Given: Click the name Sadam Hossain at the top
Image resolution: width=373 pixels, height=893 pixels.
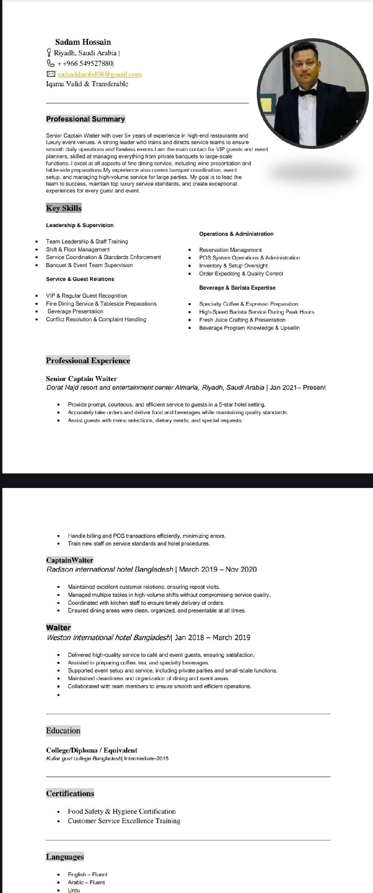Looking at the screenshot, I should pyautogui.click(x=83, y=42).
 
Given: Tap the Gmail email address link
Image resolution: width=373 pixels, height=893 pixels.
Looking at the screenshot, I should pyautogui.click(x=99, y=74).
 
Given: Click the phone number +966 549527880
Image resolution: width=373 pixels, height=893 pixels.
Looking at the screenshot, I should pyautogui.click(x=85, y=63).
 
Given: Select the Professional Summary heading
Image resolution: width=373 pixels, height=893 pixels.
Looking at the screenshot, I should pyautogui.click(x=85, y=119).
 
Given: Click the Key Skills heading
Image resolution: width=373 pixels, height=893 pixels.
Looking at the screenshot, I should pyautogui.click(x=64, y=208).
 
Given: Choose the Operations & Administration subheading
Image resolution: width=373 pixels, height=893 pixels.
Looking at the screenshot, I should pyautogui.click(x=236, y=234).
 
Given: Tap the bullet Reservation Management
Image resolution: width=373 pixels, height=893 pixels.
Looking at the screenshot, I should pyautogui.click(x=230, y=250).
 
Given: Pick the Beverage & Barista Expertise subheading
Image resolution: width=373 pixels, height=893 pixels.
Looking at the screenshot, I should pyautogui.click(x=237, y=287).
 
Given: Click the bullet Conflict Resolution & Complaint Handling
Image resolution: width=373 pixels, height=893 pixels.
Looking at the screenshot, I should pyautogui.click(x=96, y=319).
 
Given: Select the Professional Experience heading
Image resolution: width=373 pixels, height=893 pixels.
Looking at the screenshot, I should pyautogui.click(x=88, y=361).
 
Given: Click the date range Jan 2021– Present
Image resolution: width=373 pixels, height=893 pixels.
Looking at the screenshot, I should pyautogui.click(x=298, y=388).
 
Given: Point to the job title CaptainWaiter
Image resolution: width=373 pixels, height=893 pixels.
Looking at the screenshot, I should pyautogui.click(x=70, y=560).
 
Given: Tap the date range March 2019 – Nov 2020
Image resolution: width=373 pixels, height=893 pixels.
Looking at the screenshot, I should pyautogui.click(x=218, y=569).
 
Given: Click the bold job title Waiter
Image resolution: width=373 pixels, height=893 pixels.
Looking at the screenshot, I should pyautogui.click(x=58, y=627).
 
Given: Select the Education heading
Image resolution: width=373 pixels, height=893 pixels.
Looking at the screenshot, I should pyautogui.click(x=63, y=730).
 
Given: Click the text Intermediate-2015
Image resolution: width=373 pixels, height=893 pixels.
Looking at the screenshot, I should pyautogui.click(x=146, y=758).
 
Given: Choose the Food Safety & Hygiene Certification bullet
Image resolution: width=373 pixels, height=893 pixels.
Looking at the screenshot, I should pyautogui.click(x=122, y=811).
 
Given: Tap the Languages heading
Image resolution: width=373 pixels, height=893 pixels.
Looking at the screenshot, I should pyautogui.click(x=65, y=857).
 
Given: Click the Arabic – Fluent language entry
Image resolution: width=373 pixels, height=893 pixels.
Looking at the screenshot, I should pyautogui.click(x=86, y=882).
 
